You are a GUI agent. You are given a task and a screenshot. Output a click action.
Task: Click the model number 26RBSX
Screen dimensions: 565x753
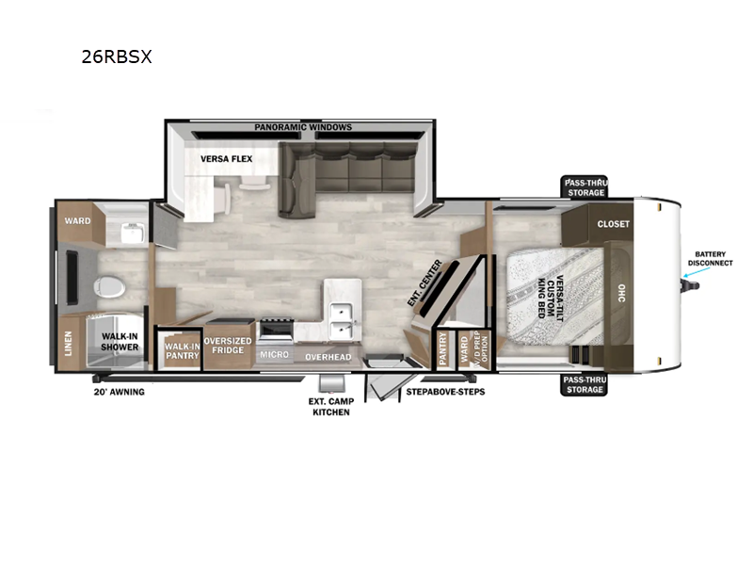click(117, 56)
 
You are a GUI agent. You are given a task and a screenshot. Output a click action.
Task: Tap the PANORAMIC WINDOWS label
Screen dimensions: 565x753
click(302, 127)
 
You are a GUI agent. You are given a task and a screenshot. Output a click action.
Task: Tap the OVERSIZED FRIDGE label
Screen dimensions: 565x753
click(228, 346)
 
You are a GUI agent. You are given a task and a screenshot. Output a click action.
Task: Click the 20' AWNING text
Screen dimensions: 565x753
click(119, 392)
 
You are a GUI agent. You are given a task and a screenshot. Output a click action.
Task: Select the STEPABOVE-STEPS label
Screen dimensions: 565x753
click(445, 391)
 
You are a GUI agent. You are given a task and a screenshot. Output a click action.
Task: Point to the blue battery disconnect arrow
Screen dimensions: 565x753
click(691, 275)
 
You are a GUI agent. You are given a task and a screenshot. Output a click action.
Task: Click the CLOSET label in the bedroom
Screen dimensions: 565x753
click(613, 224)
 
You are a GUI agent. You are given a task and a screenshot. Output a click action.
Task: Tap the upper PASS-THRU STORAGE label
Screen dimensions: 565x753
click(586, 186)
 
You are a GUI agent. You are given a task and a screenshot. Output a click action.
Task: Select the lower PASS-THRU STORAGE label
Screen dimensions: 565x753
click(585, 383)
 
